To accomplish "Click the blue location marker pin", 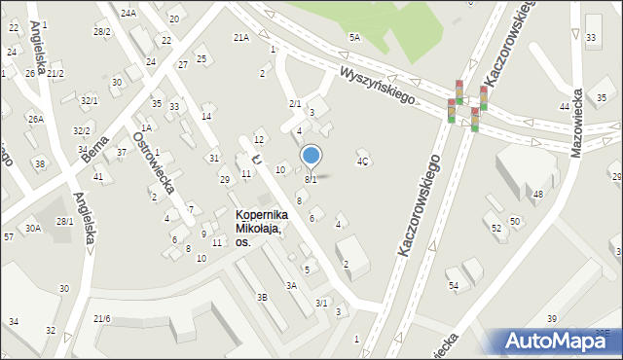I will click(311, 155).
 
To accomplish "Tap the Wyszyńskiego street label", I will click(378, 86).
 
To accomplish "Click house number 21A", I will click(240, 37).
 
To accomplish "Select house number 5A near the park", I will click(355, 37).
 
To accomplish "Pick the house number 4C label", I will click(362, 162).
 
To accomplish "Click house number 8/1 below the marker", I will click(311, 179).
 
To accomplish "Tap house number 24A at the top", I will click(128, 13).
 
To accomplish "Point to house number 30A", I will click(33, 228).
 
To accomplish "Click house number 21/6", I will click(102, 318).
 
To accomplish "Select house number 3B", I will click(261, 297).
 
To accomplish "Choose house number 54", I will click(453, 285).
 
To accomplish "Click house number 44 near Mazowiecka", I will click(565, 105).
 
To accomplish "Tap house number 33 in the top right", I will click(592, 37).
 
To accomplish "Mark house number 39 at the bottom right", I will click(552, 319).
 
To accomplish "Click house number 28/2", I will click(101, 31).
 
